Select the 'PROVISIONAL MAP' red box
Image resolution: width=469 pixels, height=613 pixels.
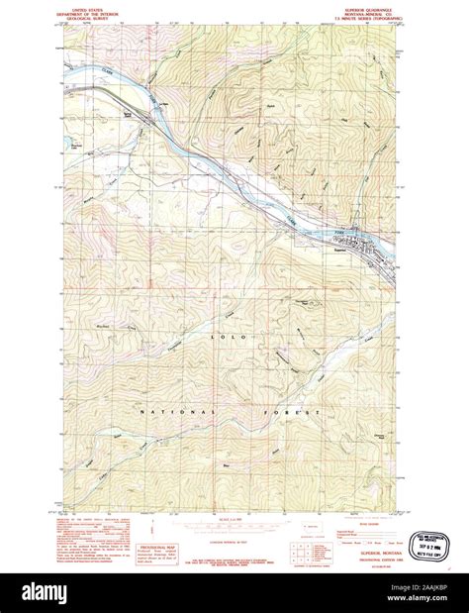coord(153,549)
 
